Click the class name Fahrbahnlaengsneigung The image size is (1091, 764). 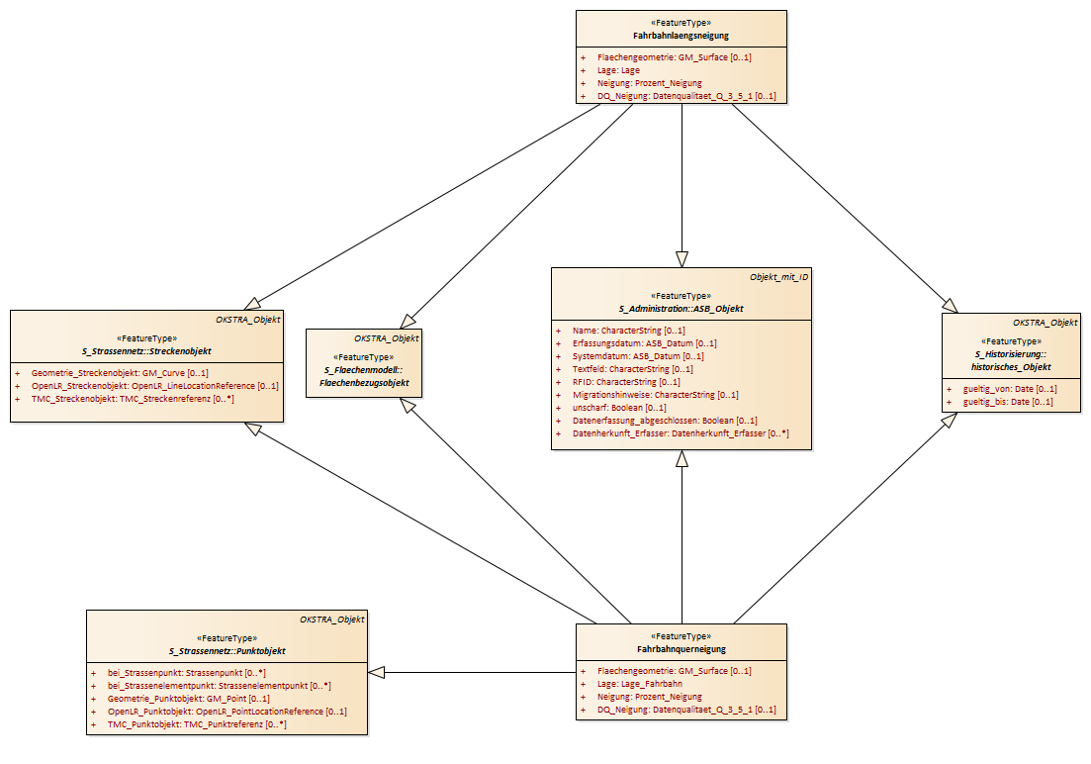coord(682,36)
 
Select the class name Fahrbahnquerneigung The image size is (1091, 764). coord(682,649)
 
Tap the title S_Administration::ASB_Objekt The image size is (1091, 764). coord(682,309)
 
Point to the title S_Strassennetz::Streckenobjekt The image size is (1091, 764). coord(146,351)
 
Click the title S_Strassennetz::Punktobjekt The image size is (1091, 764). coord(227,651)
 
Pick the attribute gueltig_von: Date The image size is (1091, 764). coord(1010,389)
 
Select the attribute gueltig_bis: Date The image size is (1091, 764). coord(1008,402)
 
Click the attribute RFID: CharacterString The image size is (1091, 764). coord(626,382)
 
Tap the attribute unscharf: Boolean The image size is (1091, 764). coord(619,408)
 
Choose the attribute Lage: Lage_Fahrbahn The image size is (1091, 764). coord(639,684)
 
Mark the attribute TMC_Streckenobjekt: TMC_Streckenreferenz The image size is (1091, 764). coord(133,399)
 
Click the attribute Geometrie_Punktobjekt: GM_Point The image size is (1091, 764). coord(189,699)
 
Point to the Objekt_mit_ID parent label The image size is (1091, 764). coord(778,277)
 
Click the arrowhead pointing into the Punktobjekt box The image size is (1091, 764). coord(377,673)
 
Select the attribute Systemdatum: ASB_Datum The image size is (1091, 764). coord(638,356)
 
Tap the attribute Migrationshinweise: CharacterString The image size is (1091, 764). coord(656,395)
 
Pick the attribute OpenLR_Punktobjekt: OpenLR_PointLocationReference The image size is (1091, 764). coord(227,712)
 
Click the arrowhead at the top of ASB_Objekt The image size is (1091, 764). coord(682,259)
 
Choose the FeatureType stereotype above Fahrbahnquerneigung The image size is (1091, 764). coord(682,636)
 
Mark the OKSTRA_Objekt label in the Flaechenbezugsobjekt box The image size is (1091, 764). coord(386,338)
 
